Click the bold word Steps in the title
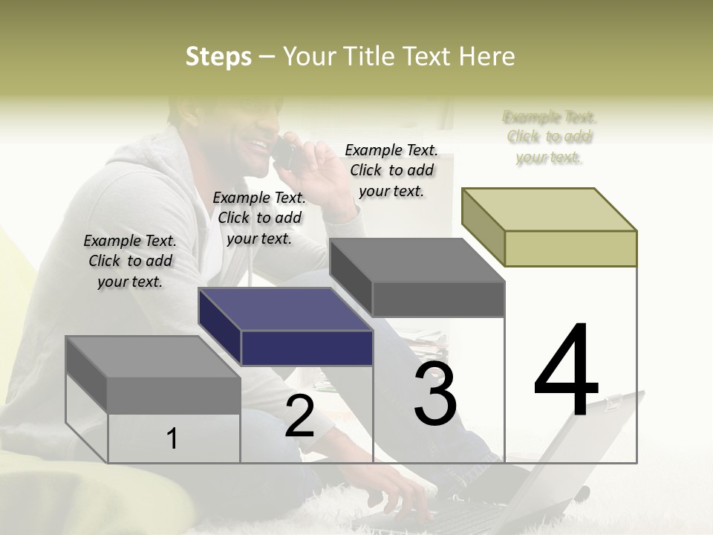coord(218,57)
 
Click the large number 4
coord(566,372)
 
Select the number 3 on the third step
coord(435,395)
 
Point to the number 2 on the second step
coord(299,416)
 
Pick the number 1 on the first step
coord(172,438)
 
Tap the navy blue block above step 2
coord(306,347)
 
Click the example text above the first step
coord(130,261)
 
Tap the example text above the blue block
coord(259,218)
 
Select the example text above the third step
coord(391,170)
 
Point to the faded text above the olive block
coord(550,137)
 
